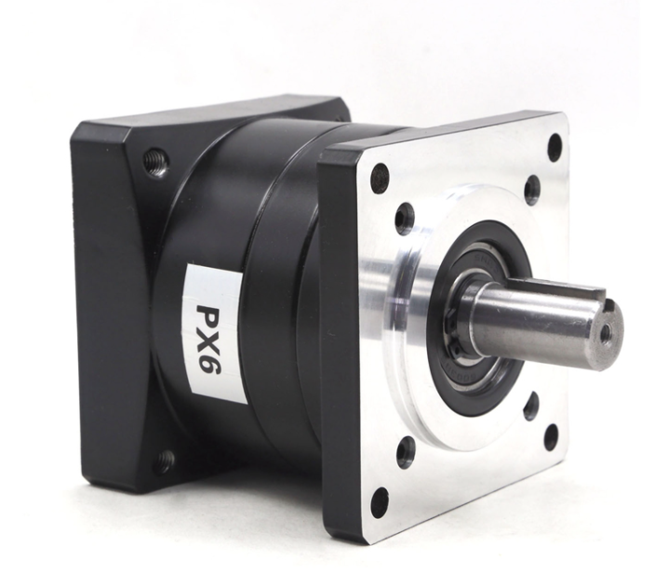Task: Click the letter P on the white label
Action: [x=211, y=316]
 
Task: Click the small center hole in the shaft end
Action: [x=605, y=332]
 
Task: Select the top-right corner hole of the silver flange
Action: [x=554, y=145]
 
